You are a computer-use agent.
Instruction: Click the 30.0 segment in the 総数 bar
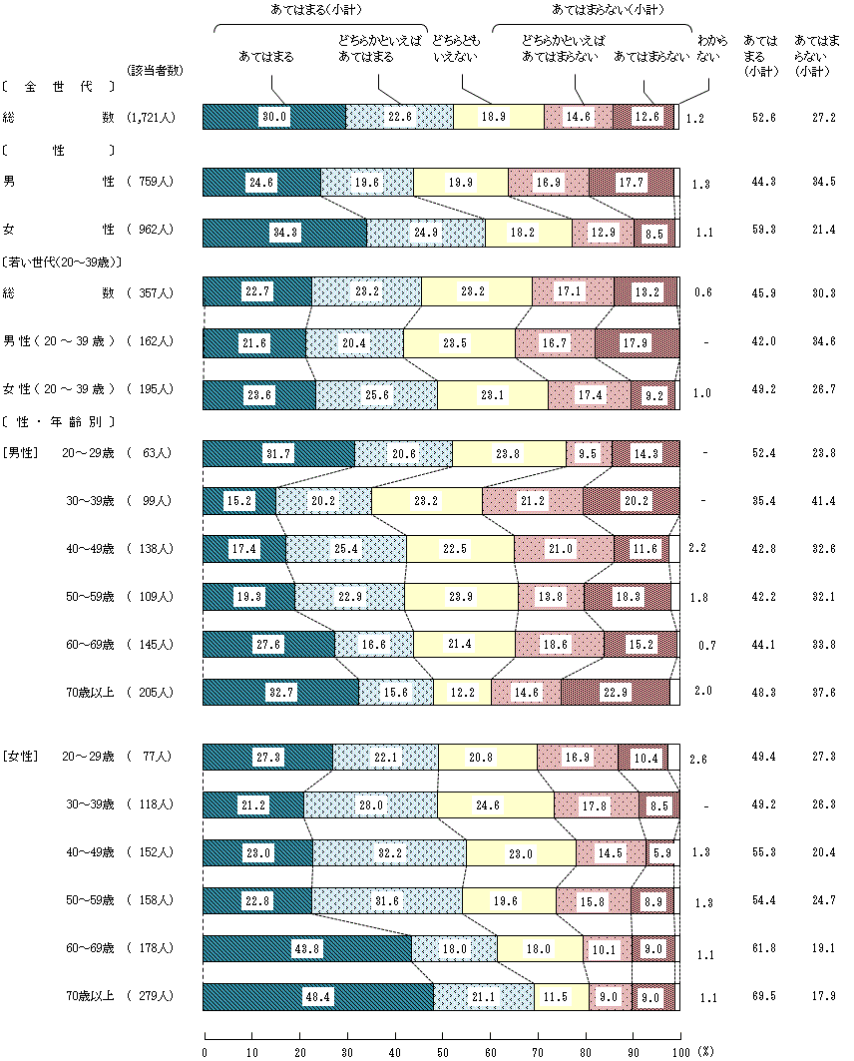pyautogui.click(x=274, y=117)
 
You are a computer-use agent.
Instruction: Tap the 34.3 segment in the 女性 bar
pyautogui.click(x=284, y=233)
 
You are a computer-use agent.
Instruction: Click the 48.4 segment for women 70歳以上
pyautogui.click(x=317, y=997)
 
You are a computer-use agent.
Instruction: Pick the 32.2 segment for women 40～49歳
pyautogui.click(x=390, y=852)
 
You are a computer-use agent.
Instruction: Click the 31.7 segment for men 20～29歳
pyautogui.click(x=278, y=452)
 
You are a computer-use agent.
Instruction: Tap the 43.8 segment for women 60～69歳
pyautogui.click(x=307, y=948)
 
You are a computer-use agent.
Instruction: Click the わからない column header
pyautogui.click(x=707, y=51)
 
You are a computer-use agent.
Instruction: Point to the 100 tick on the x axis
pyautogui.click(x=680, y=1051)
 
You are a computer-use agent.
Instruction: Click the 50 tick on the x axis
pyautogui.click(x=442, y=1051)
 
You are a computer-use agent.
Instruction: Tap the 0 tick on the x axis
pyautogui.click(x=205, y=1051)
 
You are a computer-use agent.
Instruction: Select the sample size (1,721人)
pyautogui.click(x=152, y=117)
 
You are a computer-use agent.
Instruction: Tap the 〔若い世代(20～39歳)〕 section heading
pyautogui.click(x=62, y=263)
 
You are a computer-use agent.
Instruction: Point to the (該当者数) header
pyautogui.click(x=156, y=70)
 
